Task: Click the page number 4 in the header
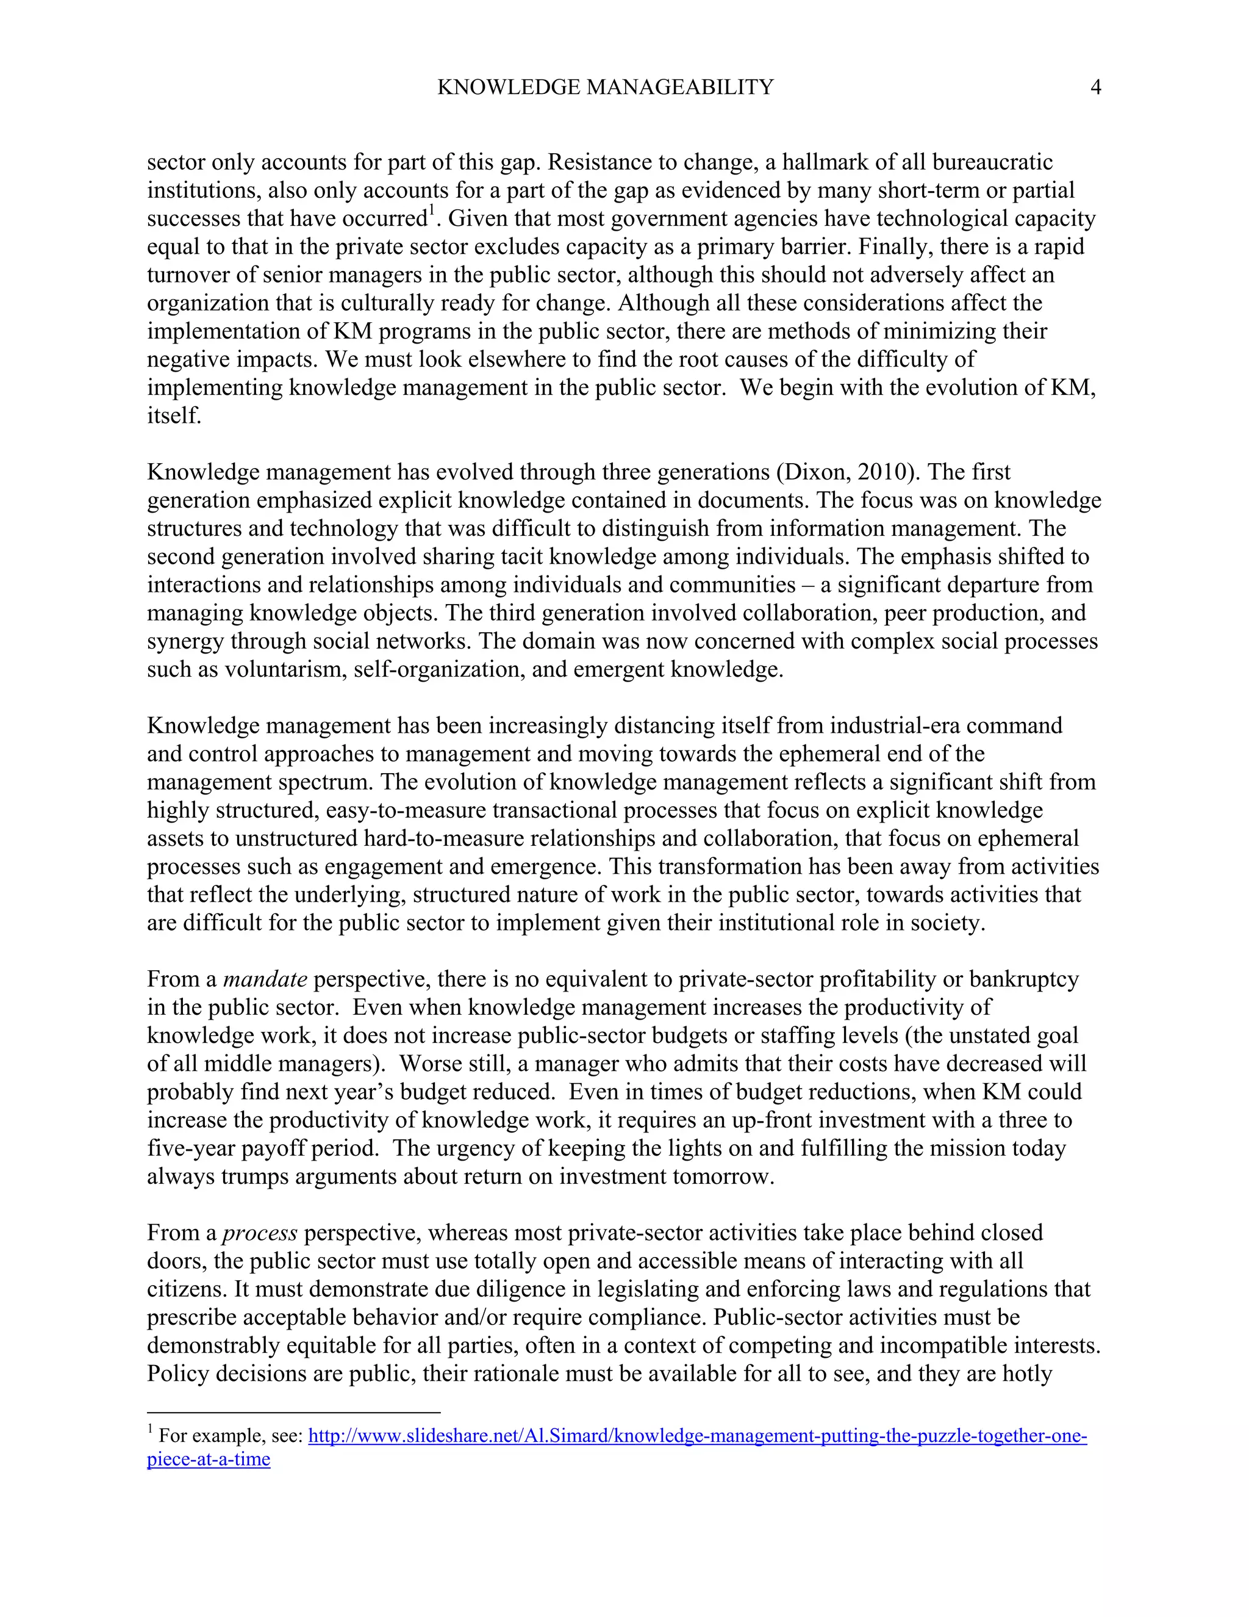[1096, 87]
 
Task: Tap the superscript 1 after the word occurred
[431, 212]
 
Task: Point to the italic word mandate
[265, 979]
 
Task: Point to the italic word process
[260, 1233]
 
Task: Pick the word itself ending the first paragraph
[174, 416]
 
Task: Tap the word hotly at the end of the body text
[1027, 1374]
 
